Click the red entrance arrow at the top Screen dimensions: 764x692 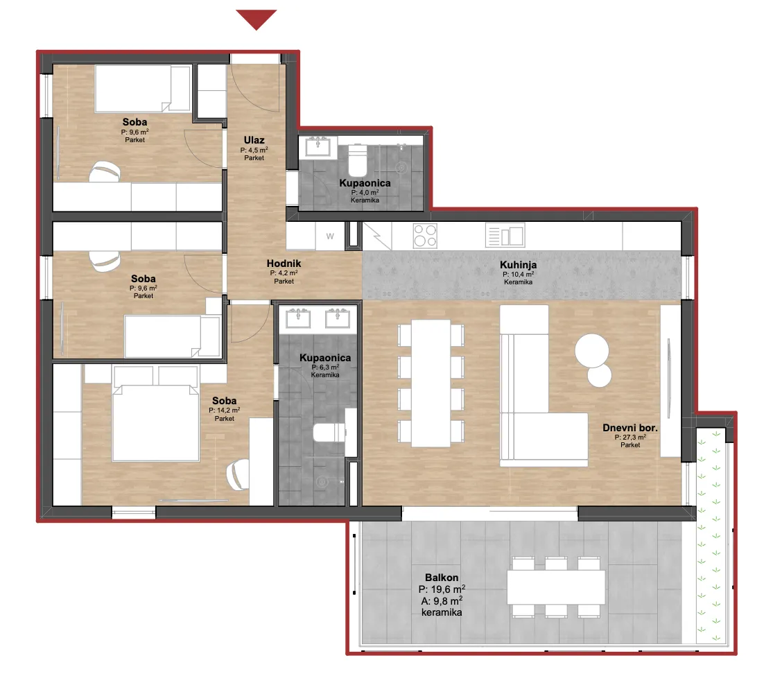pos(257,19)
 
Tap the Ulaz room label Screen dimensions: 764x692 pos(254,140)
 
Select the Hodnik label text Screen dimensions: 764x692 pos(284,263)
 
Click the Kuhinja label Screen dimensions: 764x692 pos(518,265)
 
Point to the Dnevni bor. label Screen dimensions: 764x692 pos(630,428)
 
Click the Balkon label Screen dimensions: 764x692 pos(442,578)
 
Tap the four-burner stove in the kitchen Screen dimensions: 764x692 pos(425,235)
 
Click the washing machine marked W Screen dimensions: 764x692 pos(330,236)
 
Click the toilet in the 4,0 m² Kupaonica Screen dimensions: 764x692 pos(358,160)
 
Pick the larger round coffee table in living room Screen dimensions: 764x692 pos(591,350)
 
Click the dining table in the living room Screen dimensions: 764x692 pos(431,383)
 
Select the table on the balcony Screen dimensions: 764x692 pos(556,587)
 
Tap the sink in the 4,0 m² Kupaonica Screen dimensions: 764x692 pos(318,146)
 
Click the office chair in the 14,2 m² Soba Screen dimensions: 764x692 pos(238,475)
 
